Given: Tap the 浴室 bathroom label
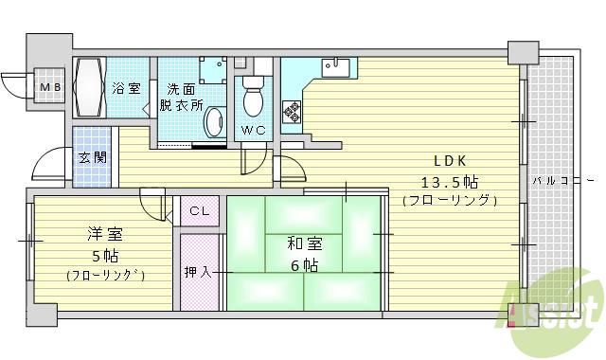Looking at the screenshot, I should click(x=126, y=88).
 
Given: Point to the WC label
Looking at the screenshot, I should click(x=252, y=130).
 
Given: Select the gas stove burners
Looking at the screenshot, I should click(x=292, y=113).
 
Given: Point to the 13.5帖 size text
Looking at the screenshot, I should click(x=449, y=180).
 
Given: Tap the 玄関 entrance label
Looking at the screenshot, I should click(x=92, y=157).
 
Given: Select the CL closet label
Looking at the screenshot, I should click(x=199, y=211).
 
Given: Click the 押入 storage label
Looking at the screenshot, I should click(x=198, y=272).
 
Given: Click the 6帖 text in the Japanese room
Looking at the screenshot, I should click(x=304, y=265).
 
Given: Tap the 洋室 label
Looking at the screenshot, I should click(x=105, y=235).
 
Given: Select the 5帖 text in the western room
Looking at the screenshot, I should click(x=105, y=256).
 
